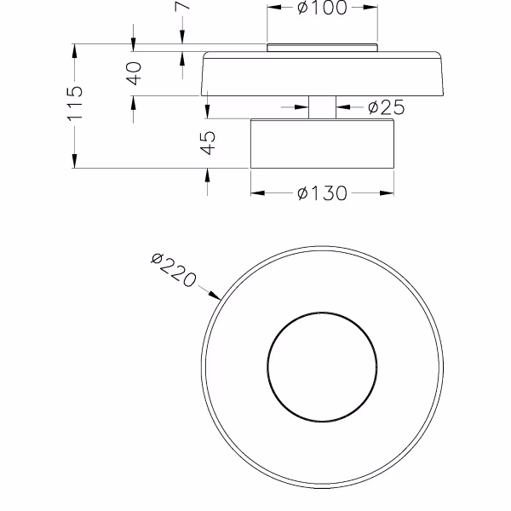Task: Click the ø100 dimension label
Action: pos(322,9)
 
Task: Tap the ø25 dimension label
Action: pos(385,107)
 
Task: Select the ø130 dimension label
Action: pos(322,193)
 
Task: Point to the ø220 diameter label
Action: pos(173,270)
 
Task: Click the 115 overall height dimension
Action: pos(75,102)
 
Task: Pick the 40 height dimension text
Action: pos(134,74)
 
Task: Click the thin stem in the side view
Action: pos(322,107)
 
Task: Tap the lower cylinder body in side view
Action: pos(322,143)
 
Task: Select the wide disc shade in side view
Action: pos(322,75)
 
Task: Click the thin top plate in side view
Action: pos(322,49)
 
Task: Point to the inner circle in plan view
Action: pos(322,367)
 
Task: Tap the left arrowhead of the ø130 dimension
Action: pos(255,193)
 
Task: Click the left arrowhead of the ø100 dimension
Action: pos(273,9)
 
